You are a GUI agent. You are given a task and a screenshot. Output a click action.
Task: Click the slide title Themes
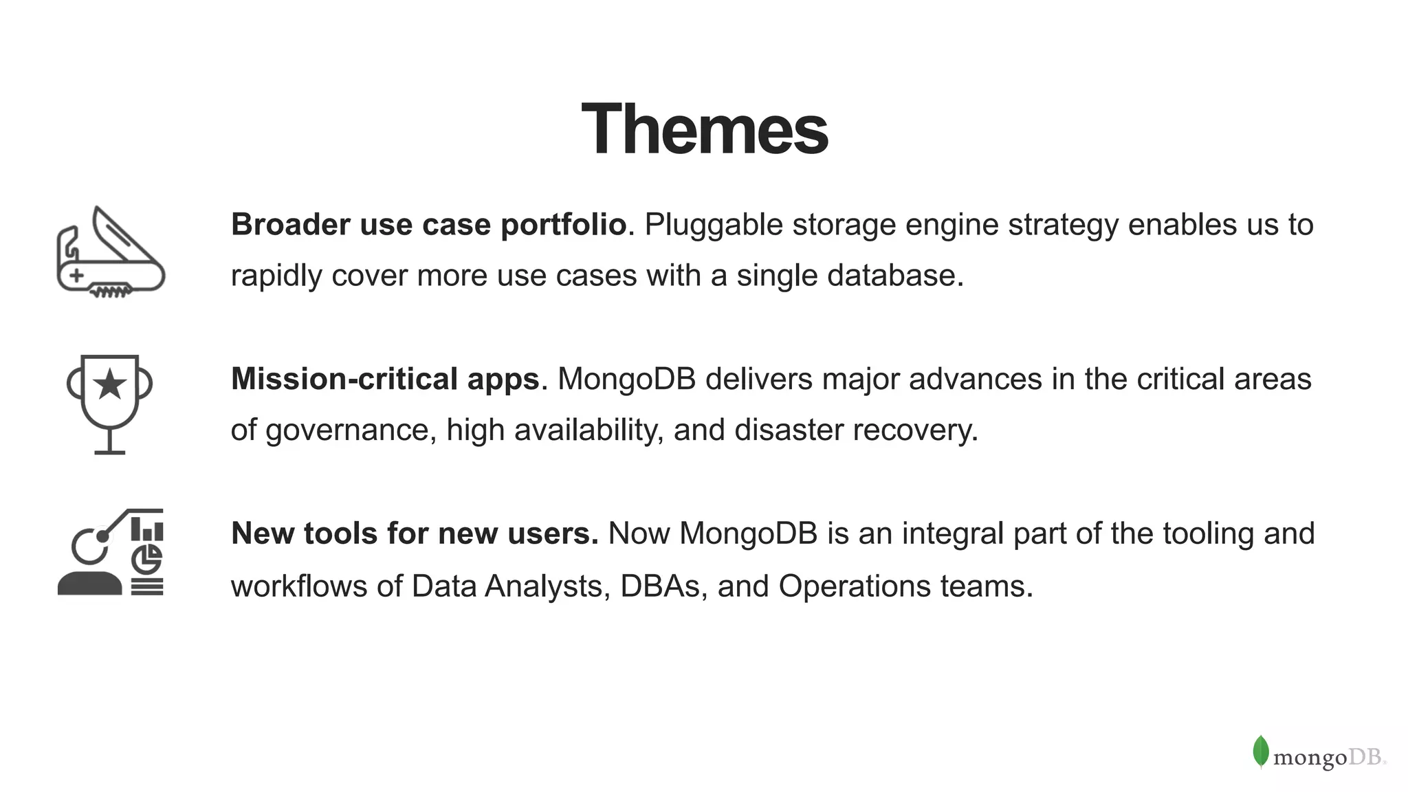[x=704, y=129]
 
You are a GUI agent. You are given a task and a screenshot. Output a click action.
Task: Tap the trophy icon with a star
[x=109, y=404]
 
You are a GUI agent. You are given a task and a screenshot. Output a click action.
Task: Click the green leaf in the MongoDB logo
[x=1260, y=751]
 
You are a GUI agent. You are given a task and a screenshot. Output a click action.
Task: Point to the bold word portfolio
[x=563, y=225]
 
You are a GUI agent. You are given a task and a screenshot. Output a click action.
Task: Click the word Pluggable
[x=713, y=225]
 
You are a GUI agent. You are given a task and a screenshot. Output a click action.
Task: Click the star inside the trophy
[x=109, y=384]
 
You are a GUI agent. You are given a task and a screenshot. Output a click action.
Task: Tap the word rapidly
[x=276, y=276]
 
